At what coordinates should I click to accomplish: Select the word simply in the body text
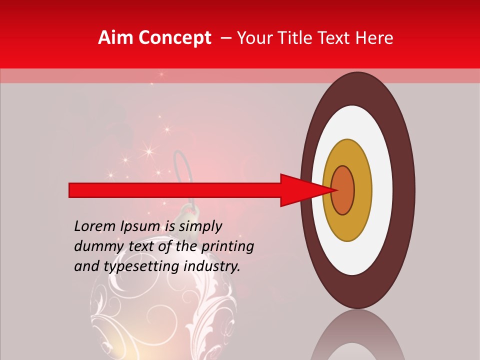click(x=200, y=226)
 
